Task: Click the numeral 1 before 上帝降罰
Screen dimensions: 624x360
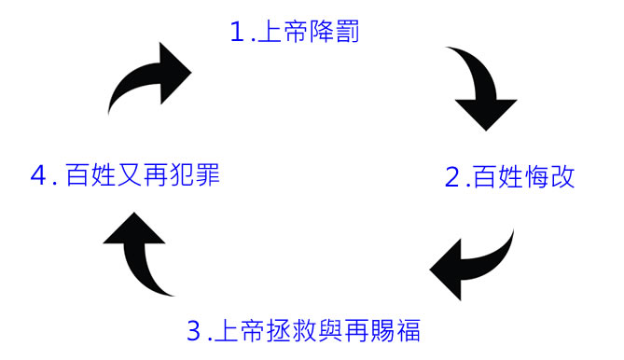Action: pyautogui.click(x=237, y=32)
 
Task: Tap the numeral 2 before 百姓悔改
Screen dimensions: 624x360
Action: pyautogui.click(x=452, y=177)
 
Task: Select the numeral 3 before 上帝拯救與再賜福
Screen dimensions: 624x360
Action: pyautogui.click(x=194, y=330)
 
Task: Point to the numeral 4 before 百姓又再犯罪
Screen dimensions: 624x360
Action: pyautogui.click(x=38, y=175)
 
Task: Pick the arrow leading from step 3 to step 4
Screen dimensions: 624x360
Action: pyautogui.click(x=137, y=255)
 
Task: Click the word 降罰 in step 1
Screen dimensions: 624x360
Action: pyautogui.click(x=334, y=32)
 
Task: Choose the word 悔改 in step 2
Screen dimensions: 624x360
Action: pyautogui.click(x=549, y=177)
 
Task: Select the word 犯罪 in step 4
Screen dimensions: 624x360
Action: pyautogui.click(x=195, y=175)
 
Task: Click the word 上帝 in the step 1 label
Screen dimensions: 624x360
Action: pyautogui.click(x=283, y=32)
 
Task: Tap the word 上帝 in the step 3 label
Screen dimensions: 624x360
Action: pyautogui.click(x=240, y=330)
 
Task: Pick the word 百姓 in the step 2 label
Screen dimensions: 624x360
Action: pyautogui.click(x=498, y=177)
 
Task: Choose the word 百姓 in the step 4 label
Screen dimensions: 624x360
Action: pyautogui.click(x=90, y=175)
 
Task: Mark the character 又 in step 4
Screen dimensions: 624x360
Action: pyautogui.click(x=130, y=175)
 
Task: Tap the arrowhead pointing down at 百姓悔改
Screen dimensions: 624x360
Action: pyautogui.click(x=486, y=114)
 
